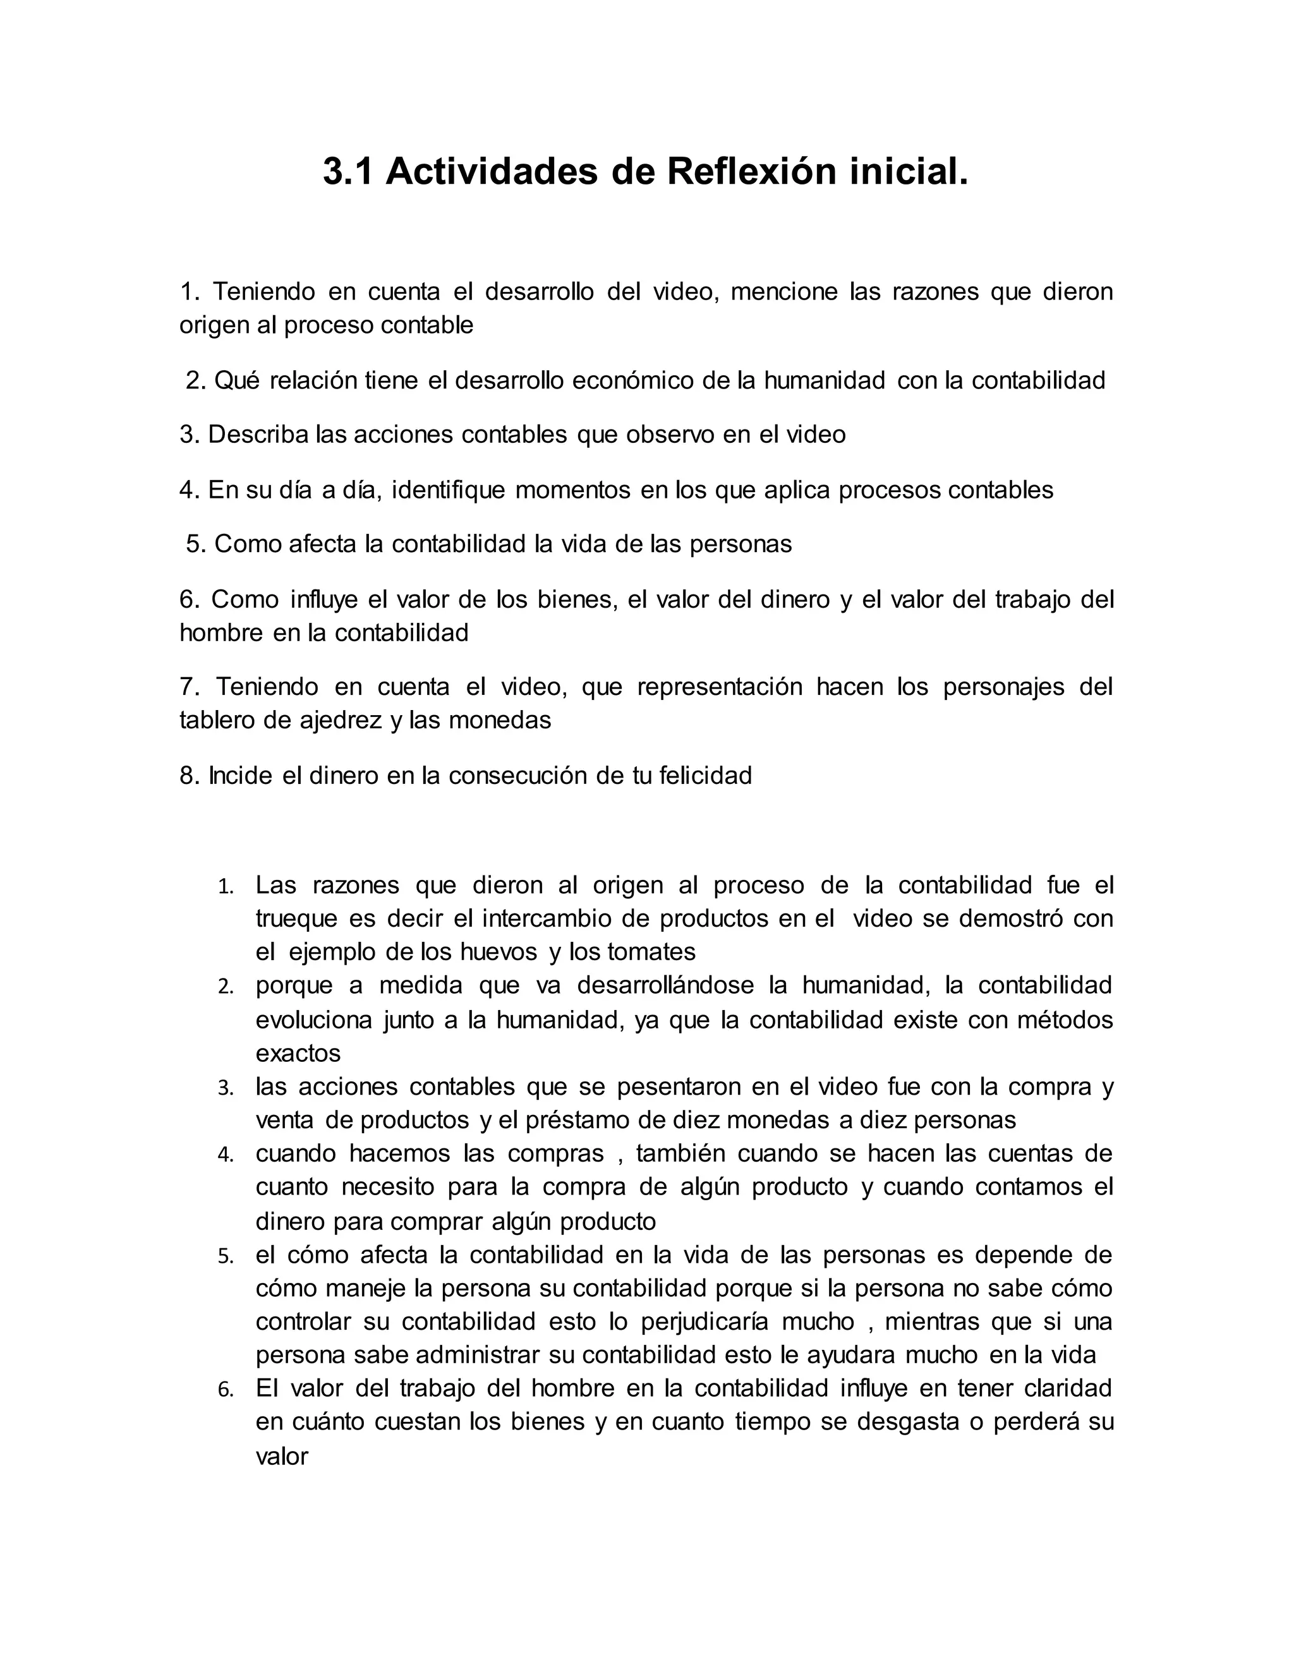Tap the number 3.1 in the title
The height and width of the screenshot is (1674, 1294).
click(348, 172)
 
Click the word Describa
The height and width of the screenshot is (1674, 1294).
click(258, 435)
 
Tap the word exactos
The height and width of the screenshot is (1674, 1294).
click(298, 1053)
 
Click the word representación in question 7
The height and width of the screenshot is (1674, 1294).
click(720, 687)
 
